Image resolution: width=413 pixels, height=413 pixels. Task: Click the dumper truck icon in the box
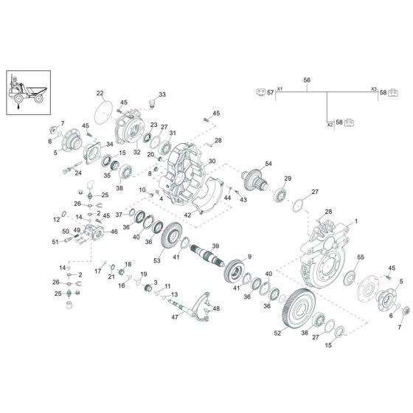tap(27, 88)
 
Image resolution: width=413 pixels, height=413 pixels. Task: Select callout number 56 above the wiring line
tap(307, 80)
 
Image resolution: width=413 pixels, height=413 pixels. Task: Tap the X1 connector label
tap(280, 88)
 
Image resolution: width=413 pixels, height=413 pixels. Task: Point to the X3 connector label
tap(374, 88)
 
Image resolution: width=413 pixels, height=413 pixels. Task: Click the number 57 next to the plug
tap(271, 93)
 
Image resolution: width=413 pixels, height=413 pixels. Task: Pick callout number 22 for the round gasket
tap(100, 93)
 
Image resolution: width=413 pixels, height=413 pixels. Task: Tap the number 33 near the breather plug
tap(162, 94)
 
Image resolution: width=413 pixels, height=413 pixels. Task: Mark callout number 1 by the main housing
tap(355, 221)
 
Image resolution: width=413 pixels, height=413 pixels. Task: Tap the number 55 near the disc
tap(361, 256)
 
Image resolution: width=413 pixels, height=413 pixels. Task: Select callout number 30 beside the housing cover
tap(212, 161)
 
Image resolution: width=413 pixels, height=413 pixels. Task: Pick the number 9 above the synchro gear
tap(249, 256)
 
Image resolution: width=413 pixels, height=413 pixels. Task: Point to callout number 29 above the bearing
tap(288, 178)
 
